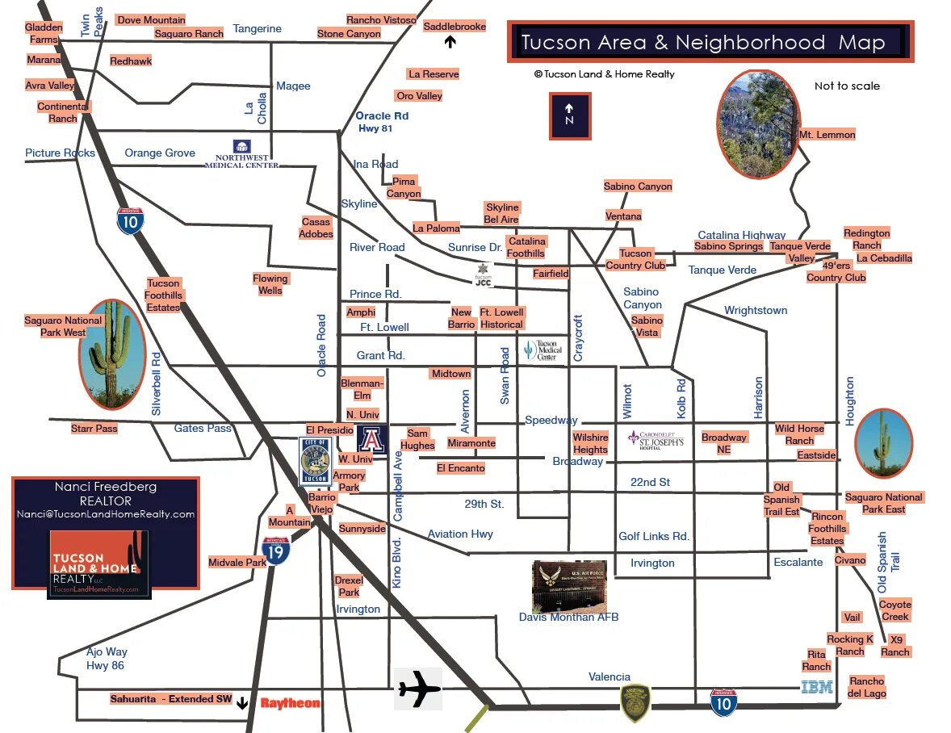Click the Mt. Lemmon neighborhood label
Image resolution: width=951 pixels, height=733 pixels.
[x=827, y=135]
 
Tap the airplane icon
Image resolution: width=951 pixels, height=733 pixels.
[x=418, y=689]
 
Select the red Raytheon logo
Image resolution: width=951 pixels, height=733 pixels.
[x=290, y=703]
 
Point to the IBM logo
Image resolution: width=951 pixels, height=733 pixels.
[x=816, y=688]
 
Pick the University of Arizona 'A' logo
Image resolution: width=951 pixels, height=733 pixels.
[x=372, y=439]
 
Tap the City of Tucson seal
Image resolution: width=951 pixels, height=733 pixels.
[x=315, y=460]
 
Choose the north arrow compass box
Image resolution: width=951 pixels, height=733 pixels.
[x=569, y=115]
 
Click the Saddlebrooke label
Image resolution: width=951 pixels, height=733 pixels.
[x=455, y=27]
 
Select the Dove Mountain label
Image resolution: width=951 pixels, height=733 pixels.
[x=151, y=19]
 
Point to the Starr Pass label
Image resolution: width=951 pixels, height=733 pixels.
[x=94, y=429]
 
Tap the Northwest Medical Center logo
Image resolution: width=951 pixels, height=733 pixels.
[x=241, y=154]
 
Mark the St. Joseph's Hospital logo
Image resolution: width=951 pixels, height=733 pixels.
[x=656, y=439]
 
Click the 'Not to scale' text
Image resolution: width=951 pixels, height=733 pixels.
[x=847, y=86]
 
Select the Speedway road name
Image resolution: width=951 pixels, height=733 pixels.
[x=551, y=420]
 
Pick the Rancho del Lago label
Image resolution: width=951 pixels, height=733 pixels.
[x=866, y=687]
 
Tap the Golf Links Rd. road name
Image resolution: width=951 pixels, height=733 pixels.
[x=654, y=536]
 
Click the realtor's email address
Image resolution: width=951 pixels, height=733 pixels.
[x=106, y=514]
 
